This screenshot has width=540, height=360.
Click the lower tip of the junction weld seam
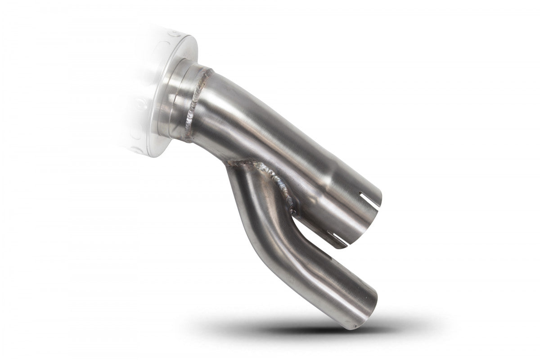point(293,211)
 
